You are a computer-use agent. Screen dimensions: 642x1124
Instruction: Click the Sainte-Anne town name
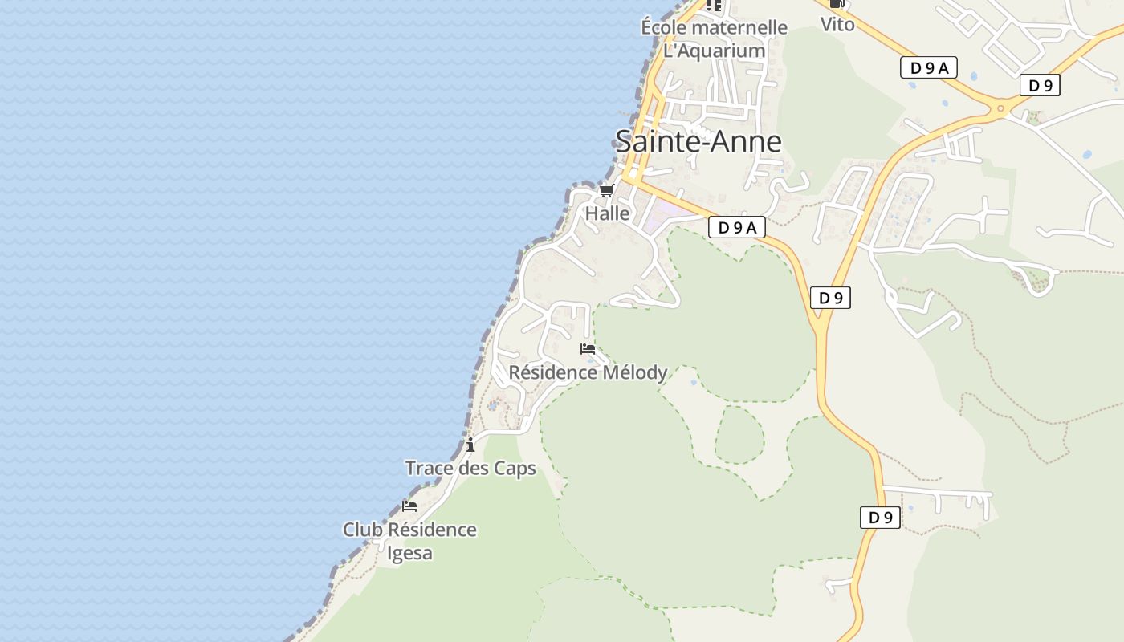coord(698,141)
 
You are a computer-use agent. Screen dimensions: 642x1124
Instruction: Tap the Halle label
coord(607,213)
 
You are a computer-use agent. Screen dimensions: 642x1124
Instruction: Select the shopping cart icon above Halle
coord(606,191)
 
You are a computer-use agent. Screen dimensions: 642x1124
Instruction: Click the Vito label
coord(837,24)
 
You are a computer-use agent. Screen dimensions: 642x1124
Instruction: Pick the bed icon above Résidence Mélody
coord(588,349)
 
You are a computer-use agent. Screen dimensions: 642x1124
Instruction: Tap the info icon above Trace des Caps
coord(470,445)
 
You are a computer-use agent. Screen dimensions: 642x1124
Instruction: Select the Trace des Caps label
coord(470,468)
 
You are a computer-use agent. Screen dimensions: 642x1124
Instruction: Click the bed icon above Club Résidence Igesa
coord(409,506)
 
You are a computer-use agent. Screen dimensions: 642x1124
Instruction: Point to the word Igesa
coord(409,553)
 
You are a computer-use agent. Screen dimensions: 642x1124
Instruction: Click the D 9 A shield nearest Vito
coord(928,68)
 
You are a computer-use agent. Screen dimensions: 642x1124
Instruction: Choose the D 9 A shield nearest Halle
coord(736,228)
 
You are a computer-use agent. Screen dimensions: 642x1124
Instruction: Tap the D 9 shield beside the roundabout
coord(1040,85)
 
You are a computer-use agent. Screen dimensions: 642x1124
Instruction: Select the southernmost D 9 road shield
coord(880,518)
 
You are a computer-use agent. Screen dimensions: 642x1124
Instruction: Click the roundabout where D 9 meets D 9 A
coord(1000,108)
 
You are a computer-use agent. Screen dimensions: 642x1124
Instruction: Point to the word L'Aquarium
coord(714,51)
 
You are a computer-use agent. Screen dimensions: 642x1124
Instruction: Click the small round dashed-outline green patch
coord(739,435)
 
